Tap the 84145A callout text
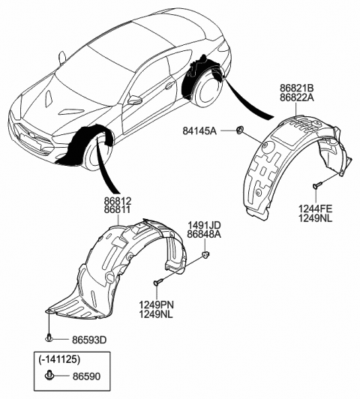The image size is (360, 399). (200, 131)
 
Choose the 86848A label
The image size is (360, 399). (205, 235)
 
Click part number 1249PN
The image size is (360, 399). (154, 304)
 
